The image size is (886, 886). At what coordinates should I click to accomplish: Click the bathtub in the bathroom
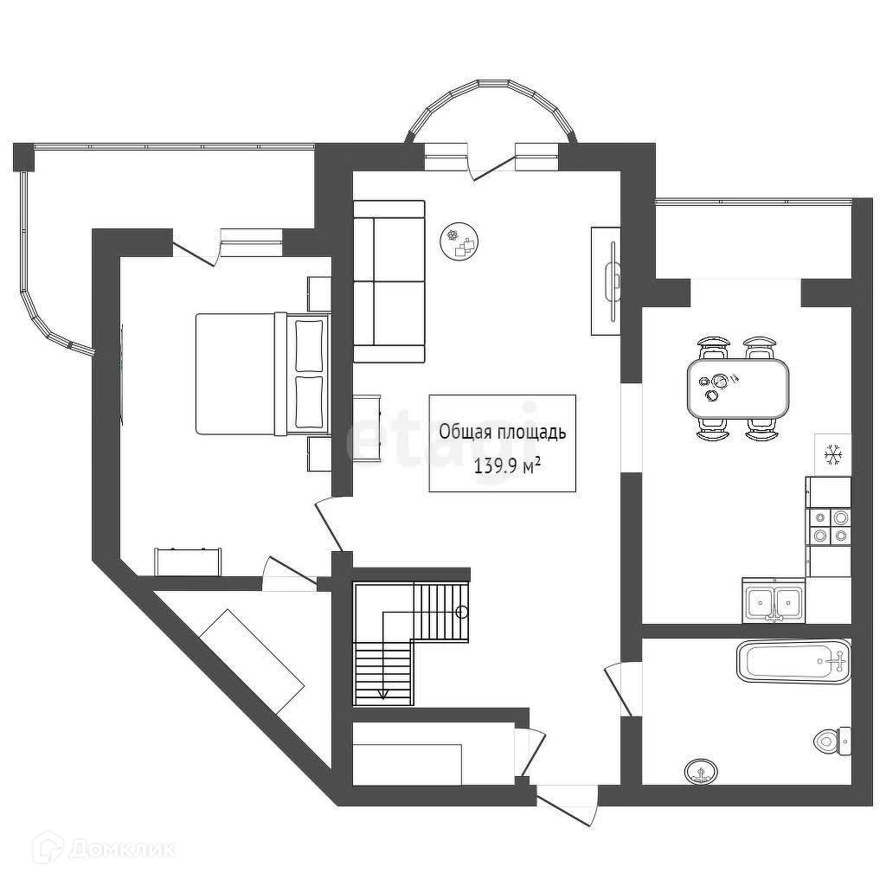click(x=792, y=662)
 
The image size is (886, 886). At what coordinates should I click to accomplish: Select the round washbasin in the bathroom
click(x=700, y=769)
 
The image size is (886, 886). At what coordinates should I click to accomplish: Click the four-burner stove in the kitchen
click(x=829, y=527)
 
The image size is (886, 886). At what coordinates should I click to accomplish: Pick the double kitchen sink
click(x=774, y=600)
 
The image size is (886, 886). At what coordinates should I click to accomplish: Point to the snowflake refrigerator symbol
click(x=833, y=453)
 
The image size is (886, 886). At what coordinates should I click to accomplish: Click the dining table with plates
click(x=737, y=387)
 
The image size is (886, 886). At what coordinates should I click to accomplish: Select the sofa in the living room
click(x=389, y=281)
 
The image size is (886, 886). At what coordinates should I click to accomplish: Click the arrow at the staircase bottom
click(x=382, y=693)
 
